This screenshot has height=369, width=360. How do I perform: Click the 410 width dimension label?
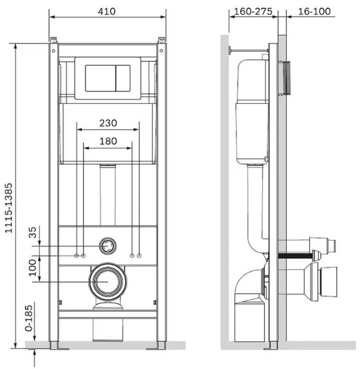[x=107, y=11]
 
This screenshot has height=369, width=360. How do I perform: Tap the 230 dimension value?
[x=108, y=123]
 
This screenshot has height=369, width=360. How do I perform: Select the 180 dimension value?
[x=108, y=141]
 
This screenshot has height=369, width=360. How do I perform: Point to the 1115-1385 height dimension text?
[x=9, y=208]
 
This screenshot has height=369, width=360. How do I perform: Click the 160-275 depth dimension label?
[x=253, y=11]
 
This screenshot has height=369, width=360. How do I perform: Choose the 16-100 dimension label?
[x=314, y=11]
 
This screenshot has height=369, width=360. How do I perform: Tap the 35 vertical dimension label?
[x=32, y=232]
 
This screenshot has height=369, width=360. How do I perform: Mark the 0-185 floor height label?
[x=29, y=318]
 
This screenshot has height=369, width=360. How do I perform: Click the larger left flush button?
[x=100, y=78]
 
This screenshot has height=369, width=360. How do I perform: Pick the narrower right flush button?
[x=123, y=78]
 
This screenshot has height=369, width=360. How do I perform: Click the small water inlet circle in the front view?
[x=108, y=246]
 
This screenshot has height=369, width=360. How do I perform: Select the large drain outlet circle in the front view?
[x=108, y=282]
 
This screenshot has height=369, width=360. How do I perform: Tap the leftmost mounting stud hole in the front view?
[x=77, y=256]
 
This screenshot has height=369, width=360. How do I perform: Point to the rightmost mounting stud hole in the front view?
[x=139, y=256]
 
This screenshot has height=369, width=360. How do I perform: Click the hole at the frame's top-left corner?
[x=53, y=50]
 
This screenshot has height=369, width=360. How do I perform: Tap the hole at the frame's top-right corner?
[x=161, y=50]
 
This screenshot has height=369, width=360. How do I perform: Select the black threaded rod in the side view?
[x=295, y=256]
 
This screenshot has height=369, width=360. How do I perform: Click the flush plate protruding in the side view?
[x=284, y=78]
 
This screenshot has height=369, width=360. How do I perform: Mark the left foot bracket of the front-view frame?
[x=59, y=346]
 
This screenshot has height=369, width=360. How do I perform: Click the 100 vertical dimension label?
[x=32, y=268]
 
